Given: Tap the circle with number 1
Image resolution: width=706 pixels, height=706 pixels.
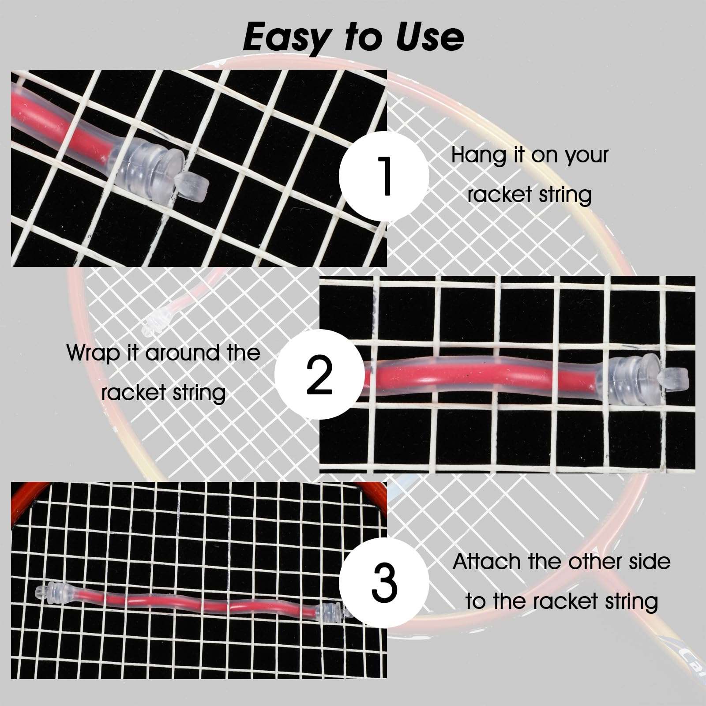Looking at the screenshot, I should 384,176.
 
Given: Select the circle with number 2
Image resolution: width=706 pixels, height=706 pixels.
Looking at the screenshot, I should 319,375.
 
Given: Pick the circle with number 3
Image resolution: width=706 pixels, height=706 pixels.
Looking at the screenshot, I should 384,582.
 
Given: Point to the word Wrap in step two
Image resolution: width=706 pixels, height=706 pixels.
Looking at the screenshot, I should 92,353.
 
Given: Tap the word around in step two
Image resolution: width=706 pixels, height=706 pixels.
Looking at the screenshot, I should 182,353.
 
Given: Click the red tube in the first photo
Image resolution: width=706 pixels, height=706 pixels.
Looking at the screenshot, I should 62,128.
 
